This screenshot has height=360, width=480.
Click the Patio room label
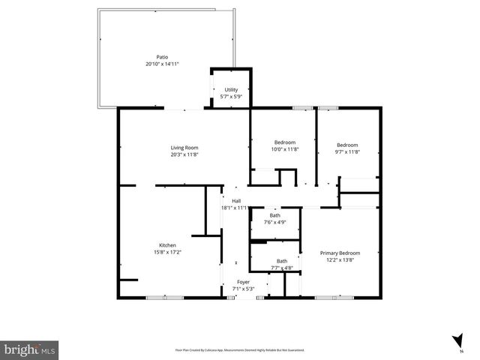click(161, 57)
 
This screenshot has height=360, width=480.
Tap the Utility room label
click(230, 90)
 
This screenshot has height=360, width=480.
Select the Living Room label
click(184, 147)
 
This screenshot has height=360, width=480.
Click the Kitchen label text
click(167, 245)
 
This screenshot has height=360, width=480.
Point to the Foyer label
click(234, 282)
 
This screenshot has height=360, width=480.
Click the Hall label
click(235, 201)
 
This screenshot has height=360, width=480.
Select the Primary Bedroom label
click(340, 253)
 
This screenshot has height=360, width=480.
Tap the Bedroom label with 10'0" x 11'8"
click(285, 142)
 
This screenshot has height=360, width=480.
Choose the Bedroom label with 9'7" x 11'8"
click(347, 145)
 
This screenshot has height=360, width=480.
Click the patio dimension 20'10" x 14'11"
click(161, 64)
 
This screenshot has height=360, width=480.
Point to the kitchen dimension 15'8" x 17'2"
click(167, 253)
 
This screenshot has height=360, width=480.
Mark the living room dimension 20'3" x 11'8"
click(184, 154)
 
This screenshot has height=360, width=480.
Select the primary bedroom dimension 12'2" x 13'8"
click(340, 260)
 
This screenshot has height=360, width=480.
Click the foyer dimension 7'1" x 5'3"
click(234, 289)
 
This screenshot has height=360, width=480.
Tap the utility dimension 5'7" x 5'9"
click(230, 97)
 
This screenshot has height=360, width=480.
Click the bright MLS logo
click(30, 349)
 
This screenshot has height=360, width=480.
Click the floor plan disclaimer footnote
click(240, 349)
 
